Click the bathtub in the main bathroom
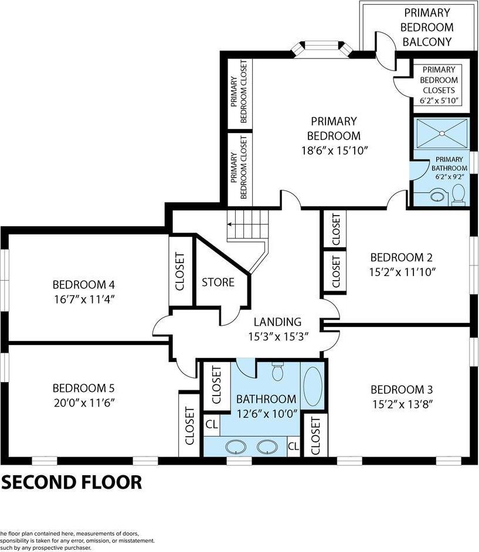(311, 387)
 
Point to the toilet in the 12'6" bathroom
(278, 372)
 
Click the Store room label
(218, 282)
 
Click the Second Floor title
(72, 482)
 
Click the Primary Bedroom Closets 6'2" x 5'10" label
(440, 85)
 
